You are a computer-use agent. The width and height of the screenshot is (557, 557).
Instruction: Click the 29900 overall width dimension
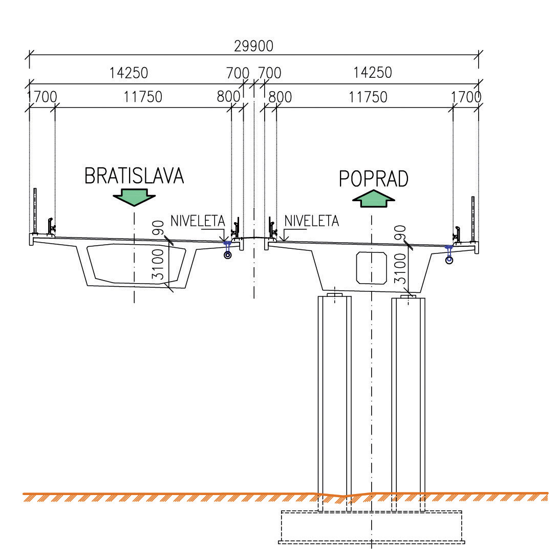coord(253,46)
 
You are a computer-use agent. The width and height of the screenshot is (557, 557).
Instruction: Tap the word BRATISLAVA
coord(134,176)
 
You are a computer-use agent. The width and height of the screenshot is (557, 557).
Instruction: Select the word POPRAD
coord(374,179)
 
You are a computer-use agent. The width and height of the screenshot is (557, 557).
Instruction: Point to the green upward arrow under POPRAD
coord(374,199)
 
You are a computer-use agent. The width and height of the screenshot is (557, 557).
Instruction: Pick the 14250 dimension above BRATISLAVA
coord(128,73)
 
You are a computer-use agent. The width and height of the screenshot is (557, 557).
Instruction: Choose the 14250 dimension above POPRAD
coord(373,73)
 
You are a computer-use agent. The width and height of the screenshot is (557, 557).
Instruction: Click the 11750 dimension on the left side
coord(143,97)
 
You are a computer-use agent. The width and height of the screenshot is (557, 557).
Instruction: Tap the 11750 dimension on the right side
coord(368,97)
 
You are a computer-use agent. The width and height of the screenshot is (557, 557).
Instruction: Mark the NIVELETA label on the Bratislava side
coord(198,221)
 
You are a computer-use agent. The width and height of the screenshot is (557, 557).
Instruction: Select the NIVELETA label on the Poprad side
coord(312,221)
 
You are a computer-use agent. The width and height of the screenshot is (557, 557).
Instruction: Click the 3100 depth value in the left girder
coord(158,265)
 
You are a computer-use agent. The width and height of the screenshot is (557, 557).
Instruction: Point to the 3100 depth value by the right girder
coord(400,269)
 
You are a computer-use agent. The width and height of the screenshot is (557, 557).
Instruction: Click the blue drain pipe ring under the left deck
coord(228,255)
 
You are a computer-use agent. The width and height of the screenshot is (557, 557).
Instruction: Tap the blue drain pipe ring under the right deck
coord(449,260)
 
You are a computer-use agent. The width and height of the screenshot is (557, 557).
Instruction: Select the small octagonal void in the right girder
coord(372,268)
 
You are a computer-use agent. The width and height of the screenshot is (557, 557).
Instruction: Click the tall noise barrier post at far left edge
coord(35,210)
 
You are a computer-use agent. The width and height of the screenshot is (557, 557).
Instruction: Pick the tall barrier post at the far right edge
coord(473,219)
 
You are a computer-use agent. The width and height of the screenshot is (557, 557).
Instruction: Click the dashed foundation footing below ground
coord(372,527)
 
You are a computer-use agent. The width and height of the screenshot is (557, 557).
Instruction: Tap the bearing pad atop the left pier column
coord(335,295)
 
